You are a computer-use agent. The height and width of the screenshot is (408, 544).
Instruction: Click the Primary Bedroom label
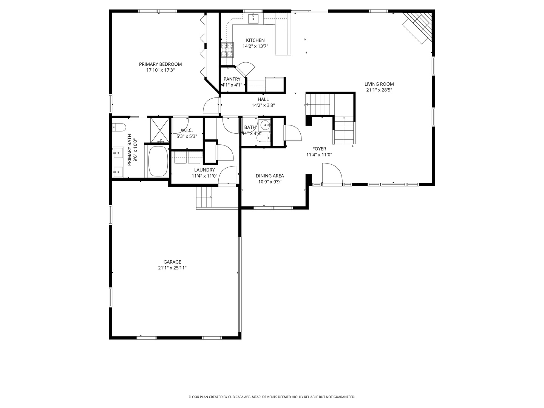160,64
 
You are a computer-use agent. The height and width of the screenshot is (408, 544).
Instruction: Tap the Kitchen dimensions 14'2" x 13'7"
255,46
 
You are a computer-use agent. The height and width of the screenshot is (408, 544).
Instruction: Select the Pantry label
232,79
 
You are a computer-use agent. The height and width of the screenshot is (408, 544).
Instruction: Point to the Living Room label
379,84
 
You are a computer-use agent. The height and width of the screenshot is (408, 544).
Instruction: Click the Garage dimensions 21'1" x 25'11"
172,268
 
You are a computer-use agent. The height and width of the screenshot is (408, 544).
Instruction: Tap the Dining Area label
270,176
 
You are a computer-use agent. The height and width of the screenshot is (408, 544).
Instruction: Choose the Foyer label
319,148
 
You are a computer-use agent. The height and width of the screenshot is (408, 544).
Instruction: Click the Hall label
263,99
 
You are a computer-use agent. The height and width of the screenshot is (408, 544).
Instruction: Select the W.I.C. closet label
187,130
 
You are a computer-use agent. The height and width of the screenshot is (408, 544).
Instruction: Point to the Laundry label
204,170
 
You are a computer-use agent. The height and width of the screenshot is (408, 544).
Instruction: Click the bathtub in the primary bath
158,161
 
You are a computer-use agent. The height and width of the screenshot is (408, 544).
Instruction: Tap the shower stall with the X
160,130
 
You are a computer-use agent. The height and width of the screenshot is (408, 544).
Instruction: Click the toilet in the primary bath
119,127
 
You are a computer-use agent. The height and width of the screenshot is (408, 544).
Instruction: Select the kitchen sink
253,19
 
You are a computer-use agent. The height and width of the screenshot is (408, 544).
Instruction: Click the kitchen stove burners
227,50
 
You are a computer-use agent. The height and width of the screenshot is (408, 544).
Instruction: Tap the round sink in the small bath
265,125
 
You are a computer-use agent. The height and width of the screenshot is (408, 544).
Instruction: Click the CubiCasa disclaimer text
272,397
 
